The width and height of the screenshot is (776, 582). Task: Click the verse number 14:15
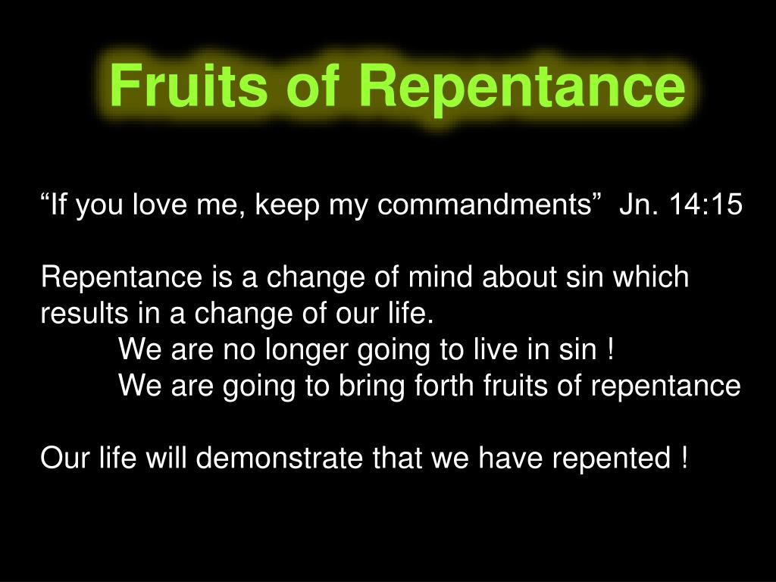706,205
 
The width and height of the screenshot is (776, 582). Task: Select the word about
521,278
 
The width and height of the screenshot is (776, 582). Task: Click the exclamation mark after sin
610,350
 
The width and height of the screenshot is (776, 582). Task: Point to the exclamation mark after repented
685,458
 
